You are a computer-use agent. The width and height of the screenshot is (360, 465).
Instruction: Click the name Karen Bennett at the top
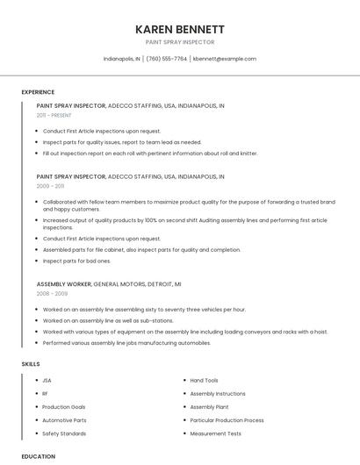pos(180,29)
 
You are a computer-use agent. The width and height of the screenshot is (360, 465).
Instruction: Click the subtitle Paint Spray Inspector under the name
pos(180,42)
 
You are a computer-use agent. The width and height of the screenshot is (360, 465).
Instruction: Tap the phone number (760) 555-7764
pos(166,59)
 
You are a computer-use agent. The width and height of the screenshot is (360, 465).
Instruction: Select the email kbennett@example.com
pos(225,59)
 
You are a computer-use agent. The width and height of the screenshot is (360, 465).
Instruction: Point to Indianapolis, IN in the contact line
pos(121,59)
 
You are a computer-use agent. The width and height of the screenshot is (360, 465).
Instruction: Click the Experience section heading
pos(38,92)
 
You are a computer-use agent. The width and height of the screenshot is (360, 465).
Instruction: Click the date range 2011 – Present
pos(54,115)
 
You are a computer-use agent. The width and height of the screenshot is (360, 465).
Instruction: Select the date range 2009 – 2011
pos(50,186)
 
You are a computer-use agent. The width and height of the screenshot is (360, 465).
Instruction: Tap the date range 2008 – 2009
pos(52,294)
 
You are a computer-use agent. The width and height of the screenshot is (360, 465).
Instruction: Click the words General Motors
pos(118,284)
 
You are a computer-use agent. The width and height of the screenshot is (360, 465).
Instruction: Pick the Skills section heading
pos(31,363)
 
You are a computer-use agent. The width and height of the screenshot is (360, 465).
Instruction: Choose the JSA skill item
pos(47,381)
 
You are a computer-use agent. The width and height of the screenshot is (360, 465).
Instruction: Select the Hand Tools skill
pos(204,381)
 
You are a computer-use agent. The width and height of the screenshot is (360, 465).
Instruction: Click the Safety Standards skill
pos(64,433)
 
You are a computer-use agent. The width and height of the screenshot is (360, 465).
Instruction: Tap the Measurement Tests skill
pos(215,433)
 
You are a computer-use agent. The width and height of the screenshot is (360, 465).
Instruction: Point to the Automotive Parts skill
pos(64,420)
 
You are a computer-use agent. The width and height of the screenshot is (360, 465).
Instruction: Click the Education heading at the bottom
pos(38,456)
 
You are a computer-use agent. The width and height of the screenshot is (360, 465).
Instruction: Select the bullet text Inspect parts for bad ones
pos(77,261)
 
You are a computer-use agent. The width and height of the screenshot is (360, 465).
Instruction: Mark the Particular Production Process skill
pos(227,420)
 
